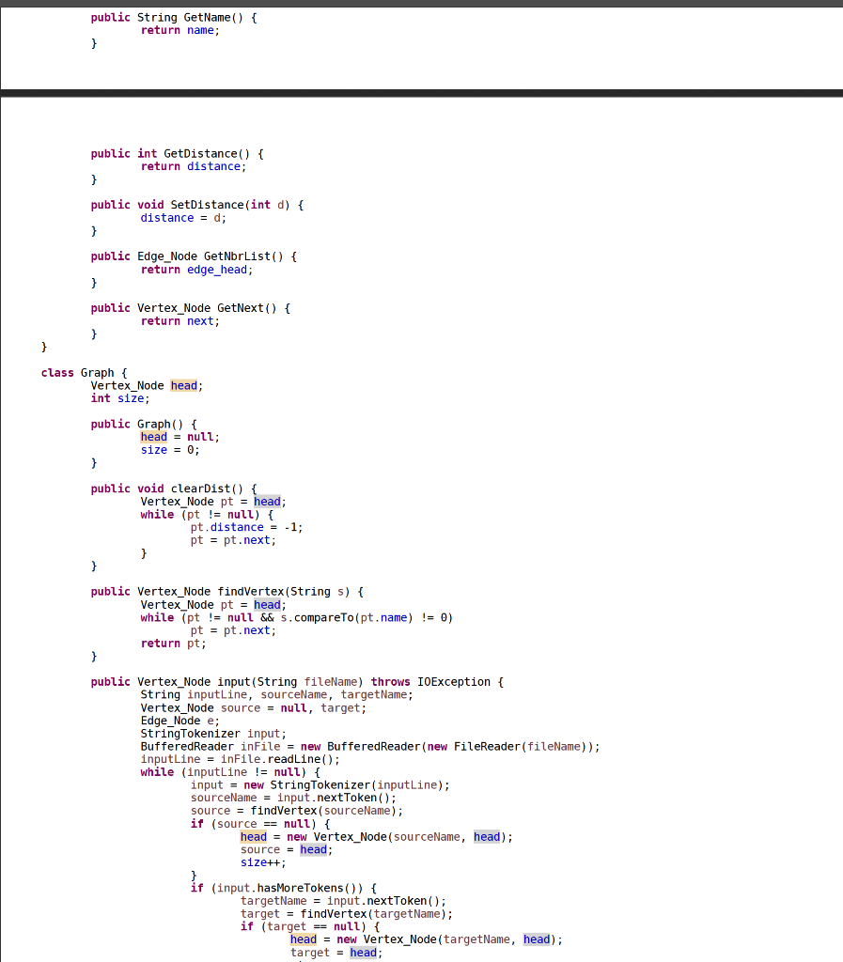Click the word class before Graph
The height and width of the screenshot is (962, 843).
[x=57, y=373]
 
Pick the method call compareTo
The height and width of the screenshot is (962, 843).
[x=357, y=617]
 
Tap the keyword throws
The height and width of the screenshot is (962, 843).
[x=390, y=682]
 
